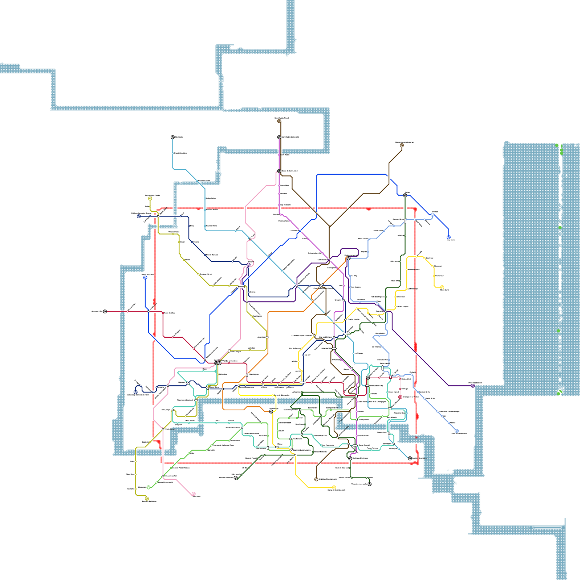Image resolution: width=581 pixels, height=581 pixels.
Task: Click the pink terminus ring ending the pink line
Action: pos(194,494)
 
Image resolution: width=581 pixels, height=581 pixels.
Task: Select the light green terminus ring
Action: pos(148,487)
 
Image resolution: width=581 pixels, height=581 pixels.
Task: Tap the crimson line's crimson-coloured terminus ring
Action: pos(400,397)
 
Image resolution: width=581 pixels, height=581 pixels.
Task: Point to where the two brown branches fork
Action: pos(329,227)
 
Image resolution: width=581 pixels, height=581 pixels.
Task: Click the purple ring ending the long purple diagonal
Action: pos(473,386)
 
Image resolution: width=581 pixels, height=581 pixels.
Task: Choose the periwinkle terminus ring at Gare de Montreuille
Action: pos(456,431)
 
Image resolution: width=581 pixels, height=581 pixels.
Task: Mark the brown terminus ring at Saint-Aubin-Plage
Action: pos(279,121)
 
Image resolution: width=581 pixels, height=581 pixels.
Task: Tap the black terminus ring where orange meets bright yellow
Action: pos(271,411)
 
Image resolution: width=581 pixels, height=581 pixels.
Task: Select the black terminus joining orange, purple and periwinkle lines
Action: pos(349,258)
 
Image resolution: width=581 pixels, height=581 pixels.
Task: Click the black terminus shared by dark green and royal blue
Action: pos(405,195)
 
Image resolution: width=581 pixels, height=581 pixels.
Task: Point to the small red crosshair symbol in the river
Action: pos(416,437)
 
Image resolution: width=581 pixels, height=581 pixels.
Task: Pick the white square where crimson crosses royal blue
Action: pos(149,312)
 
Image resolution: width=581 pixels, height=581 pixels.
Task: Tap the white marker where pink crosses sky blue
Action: pos(250,239)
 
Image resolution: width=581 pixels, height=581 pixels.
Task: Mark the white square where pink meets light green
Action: pos(163,476)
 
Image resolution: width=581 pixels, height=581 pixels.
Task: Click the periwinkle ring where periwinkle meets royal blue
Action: pos(432,215)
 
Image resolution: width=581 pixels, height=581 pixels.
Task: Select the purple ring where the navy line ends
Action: pos(248,265)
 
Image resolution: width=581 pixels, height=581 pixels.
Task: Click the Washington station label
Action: pos(254,374)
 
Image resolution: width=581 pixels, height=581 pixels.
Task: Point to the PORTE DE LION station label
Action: pos(169,313)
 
